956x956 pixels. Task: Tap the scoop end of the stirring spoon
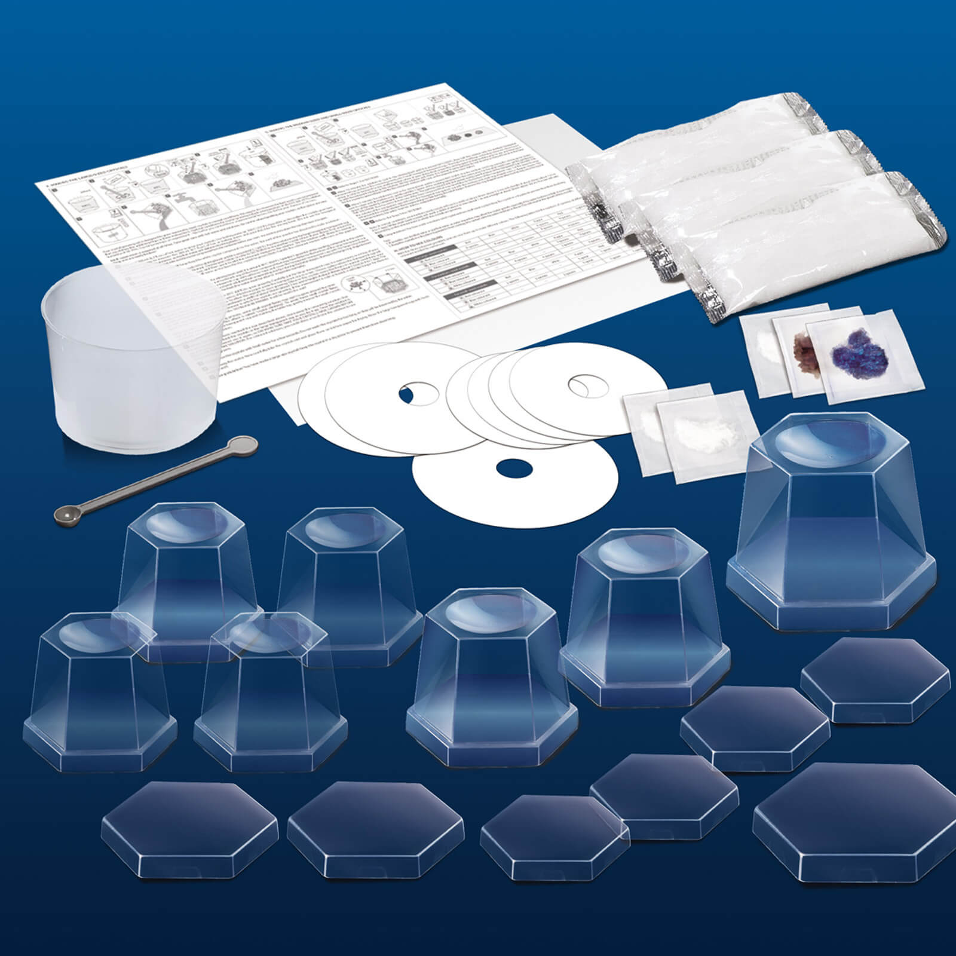click(64, 512)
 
